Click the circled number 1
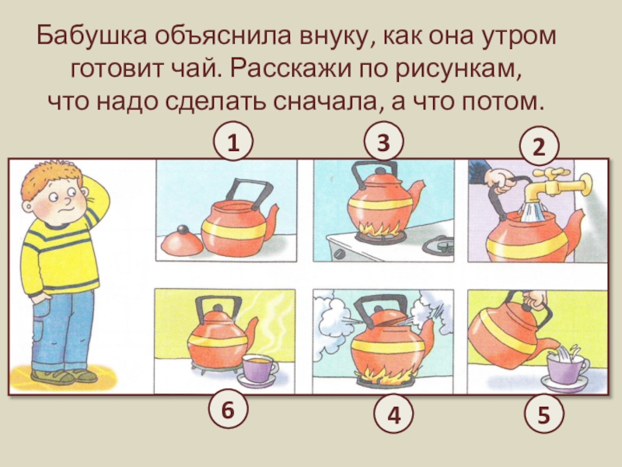point(232,142)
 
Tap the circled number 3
point(383,142)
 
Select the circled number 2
point(539,146)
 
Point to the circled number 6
point(228,409)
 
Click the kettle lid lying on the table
point(183,242)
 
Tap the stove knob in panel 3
point(340,254)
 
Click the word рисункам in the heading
point(457,69)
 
